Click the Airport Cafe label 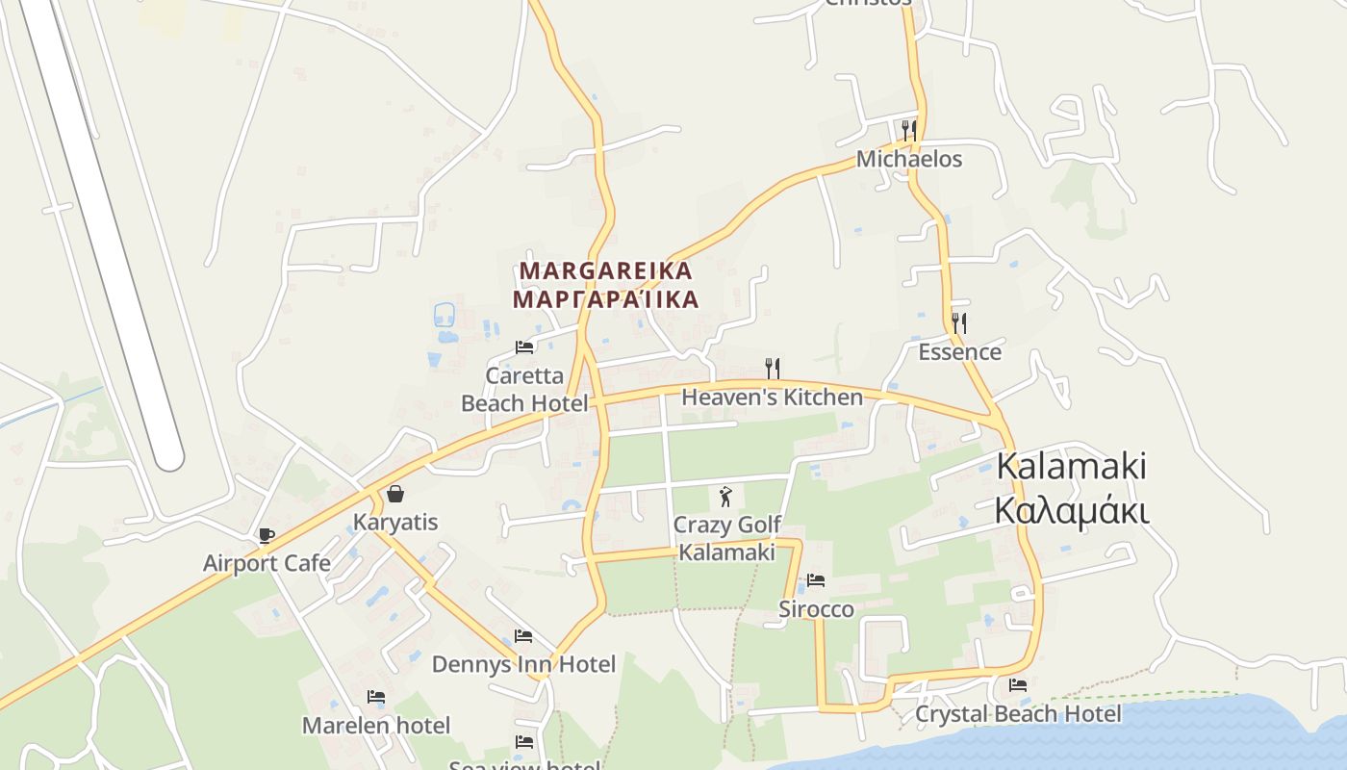tap(267, 563)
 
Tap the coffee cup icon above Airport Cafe tap(267, 535)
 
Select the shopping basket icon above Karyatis tap(394, 494)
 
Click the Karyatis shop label tap(395, 523)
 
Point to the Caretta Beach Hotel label tap(524, 389)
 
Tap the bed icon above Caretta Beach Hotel tap(524, 346)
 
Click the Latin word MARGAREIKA tap(605, 270)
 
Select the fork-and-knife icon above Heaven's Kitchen tap(772, 368)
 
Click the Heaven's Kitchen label tap(772, 397)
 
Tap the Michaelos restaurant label tap(909, 159)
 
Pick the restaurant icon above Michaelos tap(909, 130)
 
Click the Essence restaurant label tap(959, 351)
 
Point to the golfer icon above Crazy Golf tap(726, 497)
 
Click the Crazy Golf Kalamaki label tap(726, 538)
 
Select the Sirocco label tap(816, 609)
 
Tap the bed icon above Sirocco tap(816, 579)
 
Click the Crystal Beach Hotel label tap(1018, 714)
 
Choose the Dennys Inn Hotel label tap(523, 664)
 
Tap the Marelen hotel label tap(376, 725)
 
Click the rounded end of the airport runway tap(168, 457)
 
